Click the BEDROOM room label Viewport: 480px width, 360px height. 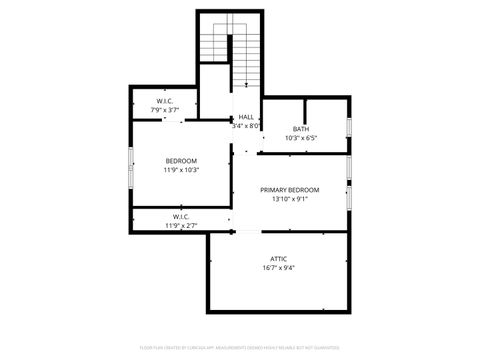(181, 161)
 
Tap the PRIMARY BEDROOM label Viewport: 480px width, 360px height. (289, 190)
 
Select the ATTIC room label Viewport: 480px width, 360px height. (278, 259)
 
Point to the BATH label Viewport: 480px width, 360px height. (300, 129)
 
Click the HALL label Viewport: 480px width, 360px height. (246, 117)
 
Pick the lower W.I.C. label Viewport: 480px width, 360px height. (181, 217)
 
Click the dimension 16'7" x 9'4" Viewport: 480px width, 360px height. (278, 268)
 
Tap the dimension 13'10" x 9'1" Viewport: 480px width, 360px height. (289, 199)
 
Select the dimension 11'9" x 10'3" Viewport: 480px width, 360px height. (181, 170)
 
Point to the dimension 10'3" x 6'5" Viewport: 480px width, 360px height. (300, 138)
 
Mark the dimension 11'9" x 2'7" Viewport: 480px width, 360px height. (181, 226)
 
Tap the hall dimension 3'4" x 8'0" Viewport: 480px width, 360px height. (246, 126)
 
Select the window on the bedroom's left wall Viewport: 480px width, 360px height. (130, 166)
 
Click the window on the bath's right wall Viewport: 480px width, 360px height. (349, 128)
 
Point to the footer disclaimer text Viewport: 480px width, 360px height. (240, 349)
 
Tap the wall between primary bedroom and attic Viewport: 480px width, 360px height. (290, 231)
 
